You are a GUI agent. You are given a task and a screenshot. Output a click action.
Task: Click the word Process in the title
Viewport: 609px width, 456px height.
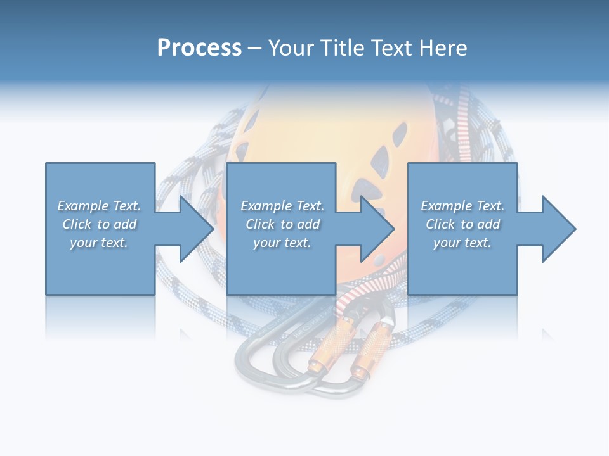pos(199,48)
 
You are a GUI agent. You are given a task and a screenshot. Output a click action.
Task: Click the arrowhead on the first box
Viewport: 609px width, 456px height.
pos(196,229)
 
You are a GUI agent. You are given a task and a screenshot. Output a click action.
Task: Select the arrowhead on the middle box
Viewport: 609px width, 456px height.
pos(377,229)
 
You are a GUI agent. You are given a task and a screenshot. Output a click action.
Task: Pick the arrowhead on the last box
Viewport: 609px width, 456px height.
pos(558,229)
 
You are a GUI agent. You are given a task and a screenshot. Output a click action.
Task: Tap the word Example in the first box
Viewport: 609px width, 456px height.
pos(82,206)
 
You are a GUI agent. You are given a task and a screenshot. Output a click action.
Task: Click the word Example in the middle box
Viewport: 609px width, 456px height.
pos(266,206)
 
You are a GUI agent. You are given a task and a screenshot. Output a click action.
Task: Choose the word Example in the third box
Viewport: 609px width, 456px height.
pos(446,206)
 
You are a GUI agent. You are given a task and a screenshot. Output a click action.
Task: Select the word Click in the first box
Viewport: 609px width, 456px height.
pos(77,224)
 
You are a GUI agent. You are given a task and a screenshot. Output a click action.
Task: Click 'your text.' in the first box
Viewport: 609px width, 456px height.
pos(99,243)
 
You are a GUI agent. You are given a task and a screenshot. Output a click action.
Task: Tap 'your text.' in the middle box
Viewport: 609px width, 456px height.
pos(282,243)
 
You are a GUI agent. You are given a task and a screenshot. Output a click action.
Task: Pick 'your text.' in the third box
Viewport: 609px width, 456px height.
pos(462,243)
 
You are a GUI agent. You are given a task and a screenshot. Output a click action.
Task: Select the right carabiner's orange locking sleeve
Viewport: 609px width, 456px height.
pos(374,345)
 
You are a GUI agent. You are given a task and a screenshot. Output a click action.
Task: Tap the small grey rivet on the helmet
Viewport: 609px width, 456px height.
pos(379,260)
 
